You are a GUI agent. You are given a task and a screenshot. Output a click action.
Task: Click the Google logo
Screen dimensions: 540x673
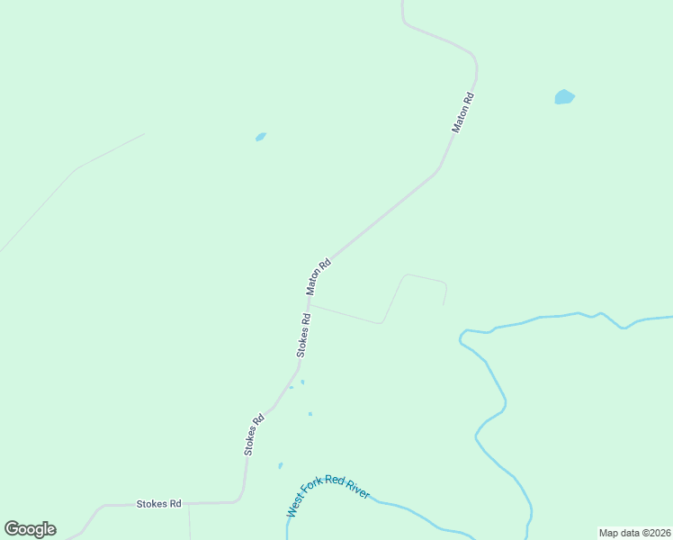point(30,529)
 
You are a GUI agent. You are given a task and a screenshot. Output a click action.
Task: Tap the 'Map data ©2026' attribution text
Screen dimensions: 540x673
point(633,533)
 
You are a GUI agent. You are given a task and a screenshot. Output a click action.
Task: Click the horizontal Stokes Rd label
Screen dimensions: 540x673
point(159,504)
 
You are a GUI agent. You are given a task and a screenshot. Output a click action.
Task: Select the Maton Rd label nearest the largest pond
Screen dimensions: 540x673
point(462,112)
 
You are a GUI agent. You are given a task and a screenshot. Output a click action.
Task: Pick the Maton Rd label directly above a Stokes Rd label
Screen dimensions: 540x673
point(319,277)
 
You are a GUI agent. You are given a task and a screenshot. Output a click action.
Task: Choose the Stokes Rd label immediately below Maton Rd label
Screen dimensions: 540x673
point(305,334)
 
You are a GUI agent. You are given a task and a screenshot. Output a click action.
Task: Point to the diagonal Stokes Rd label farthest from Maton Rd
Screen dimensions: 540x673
point(255,434)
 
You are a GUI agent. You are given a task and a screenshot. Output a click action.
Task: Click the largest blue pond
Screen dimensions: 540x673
point(564,96)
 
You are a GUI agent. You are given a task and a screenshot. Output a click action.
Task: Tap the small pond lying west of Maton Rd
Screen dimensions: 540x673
point(261,137)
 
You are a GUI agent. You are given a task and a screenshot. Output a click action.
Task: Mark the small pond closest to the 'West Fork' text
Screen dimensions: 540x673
point(281,465)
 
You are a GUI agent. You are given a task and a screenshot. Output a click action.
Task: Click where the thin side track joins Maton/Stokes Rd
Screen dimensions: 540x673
point(311,303)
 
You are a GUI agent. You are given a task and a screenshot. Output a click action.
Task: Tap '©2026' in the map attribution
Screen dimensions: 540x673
point(651,533)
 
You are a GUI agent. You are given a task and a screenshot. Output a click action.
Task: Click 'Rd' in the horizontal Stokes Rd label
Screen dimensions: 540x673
point(175,504)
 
